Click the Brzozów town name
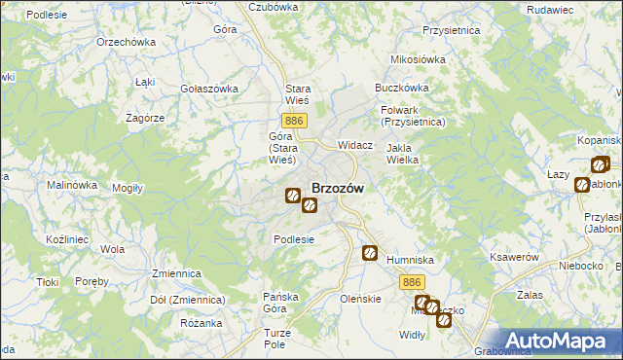pos(338,189)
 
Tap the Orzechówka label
pos(126,43)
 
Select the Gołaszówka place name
pos(209,89)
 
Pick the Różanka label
pos(202,323)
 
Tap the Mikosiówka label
pos(417,59)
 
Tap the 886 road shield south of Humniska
pos(410,280)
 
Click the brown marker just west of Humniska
pos(371,254)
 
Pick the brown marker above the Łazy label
pos(599,165)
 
